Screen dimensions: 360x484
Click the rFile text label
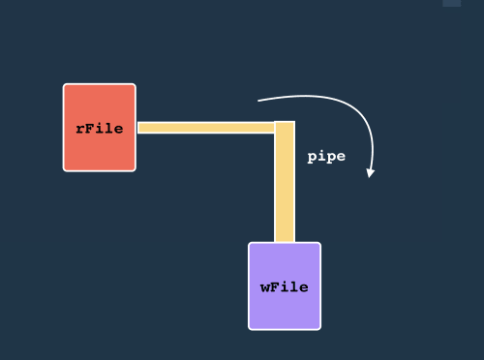click(x=100, y=128)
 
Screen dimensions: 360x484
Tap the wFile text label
click(x=285, y=286)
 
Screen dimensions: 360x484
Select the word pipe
click(x=326, y=156)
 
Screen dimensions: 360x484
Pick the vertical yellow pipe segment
click(x=285, y=189)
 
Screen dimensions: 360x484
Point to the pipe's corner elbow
click(x=285, y=127)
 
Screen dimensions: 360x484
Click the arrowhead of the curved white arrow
click(x=370, y=173)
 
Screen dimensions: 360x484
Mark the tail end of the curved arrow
click(x=258, y=100)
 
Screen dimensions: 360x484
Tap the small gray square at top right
click(x=452, y=3)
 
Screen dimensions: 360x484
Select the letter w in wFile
click(x=265, y=287)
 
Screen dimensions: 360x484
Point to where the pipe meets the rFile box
click(x=137, y=127)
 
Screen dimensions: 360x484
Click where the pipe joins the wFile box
click(x=285, y=242)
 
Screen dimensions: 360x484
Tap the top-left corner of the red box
click(x=66, y=86)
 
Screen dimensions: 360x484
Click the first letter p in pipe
click(x=312, y=157)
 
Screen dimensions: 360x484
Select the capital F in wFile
click(x=275, y=286)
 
